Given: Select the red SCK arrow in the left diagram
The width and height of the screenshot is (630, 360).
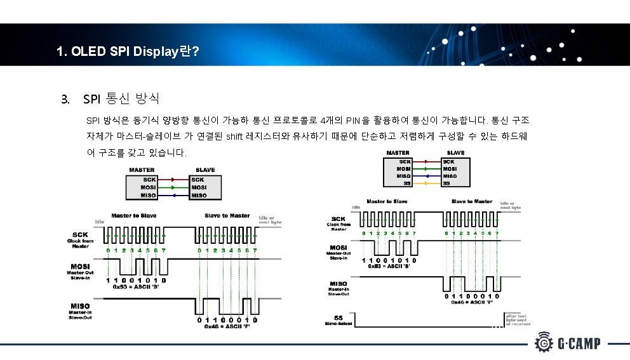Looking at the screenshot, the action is pyautogui.click(x=173, y=180).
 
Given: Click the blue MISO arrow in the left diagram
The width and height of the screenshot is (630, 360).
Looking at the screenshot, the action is pyautogui.click(x=173, y=196).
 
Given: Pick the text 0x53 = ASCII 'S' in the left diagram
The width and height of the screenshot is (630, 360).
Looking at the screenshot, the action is pyautogui.click(x=136, y=287).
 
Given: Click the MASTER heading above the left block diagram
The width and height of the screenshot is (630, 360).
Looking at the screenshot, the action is pyautogui.click(x=142, y=170).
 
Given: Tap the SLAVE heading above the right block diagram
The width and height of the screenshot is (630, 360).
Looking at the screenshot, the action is pyautogui.click(x=456, y=152).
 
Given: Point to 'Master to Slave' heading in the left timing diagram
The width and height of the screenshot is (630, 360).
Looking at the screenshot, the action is pyautogui.click(x=134, y=216).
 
